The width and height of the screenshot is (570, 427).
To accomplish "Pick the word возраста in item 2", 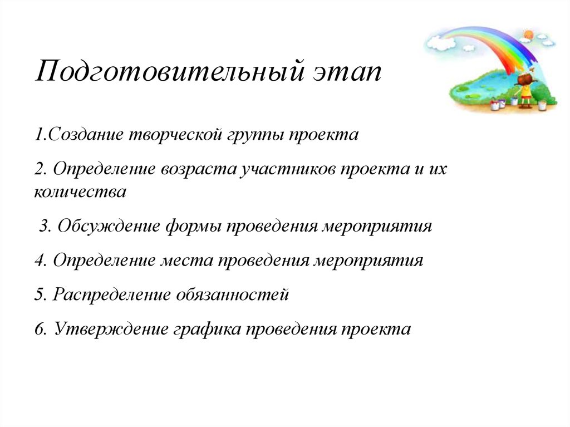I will point(200,169).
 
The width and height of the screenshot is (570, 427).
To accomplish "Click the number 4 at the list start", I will point(38,261).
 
